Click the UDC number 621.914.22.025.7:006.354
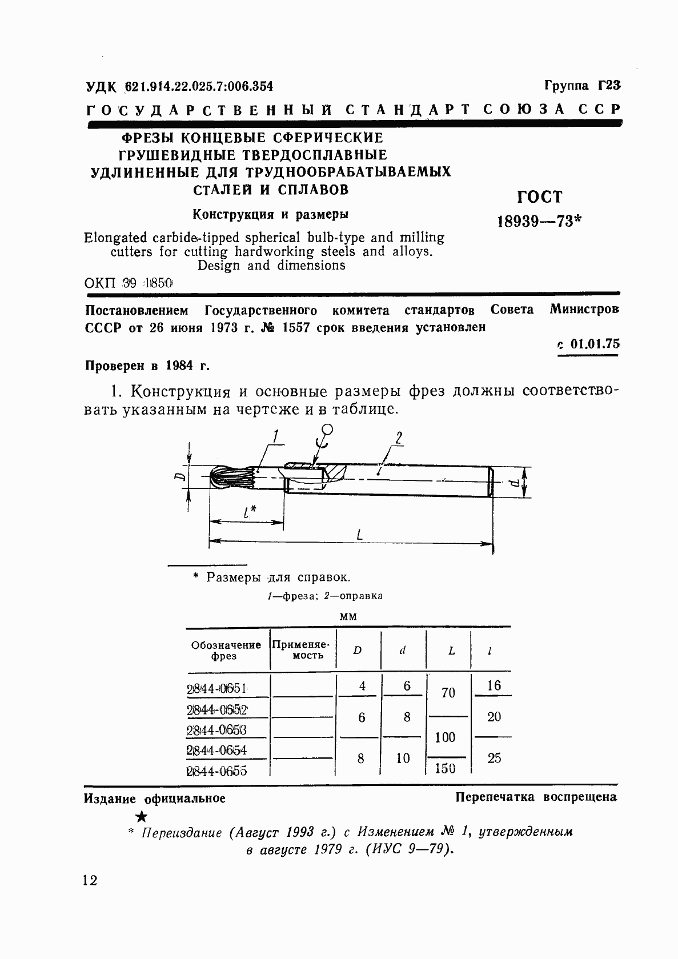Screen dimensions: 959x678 [198, 87]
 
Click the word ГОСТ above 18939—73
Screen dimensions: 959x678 [539, 197]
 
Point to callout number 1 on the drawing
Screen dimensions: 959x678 [275, 438]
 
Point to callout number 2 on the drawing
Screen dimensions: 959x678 [398, 438]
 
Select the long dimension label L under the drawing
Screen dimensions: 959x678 [359, 535]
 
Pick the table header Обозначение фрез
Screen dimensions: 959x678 [226, 650]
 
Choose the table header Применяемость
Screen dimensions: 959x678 [302, 650]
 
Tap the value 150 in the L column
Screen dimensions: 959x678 [445, 768]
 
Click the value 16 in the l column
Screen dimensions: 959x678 [494, 685]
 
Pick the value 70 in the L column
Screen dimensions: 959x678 [448, 693]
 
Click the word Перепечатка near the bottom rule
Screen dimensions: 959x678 [495, 797]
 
